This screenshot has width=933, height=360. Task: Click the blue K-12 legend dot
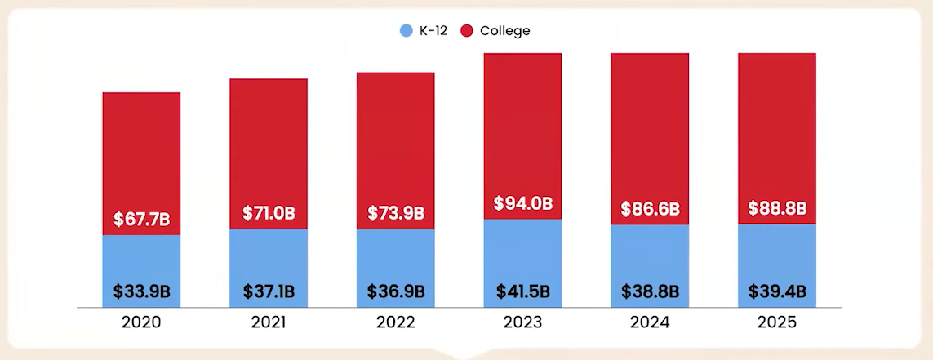[407, 31]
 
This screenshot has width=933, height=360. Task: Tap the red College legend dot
[468, 31]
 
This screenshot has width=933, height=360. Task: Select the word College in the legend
[504, 31]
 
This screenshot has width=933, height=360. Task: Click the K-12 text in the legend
[433, 31]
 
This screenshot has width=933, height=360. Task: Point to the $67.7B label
[141, 220]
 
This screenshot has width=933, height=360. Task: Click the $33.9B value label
[141, 291]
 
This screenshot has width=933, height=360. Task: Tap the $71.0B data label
[269, 214]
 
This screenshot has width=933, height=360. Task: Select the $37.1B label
[269, 291]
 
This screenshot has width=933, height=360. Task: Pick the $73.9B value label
[396, 213]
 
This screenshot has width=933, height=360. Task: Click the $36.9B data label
[396, 291]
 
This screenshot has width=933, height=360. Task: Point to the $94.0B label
[523, 203]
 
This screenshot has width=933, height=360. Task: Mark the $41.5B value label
[523, 291]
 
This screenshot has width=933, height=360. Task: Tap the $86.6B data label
[650, 209]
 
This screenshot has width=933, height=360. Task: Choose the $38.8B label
[650, 291]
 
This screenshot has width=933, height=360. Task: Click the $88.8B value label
[777, 208]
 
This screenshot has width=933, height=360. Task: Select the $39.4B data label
[777, 291]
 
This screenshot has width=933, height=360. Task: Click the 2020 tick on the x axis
[141, 322]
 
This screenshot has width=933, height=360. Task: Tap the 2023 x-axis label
[523, 322]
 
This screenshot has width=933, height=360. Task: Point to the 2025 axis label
[777, 322]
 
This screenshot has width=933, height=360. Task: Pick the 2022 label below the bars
[396, 322]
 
